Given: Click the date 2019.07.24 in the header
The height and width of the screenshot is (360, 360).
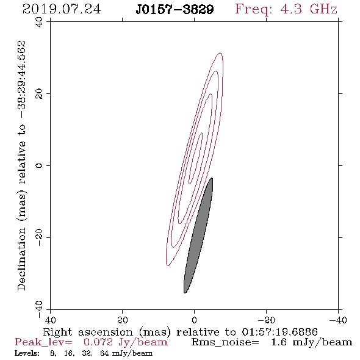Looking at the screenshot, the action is point(62,9).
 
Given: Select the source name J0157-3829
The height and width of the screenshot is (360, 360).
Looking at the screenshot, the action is point(175,10).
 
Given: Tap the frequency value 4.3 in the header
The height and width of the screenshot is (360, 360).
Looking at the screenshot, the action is point(291,9).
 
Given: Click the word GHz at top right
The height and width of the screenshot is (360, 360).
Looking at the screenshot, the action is point(323,9).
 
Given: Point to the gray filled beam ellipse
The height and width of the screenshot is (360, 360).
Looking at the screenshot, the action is point(198,236).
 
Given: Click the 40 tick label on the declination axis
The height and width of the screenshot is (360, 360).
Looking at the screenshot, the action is point(39,22).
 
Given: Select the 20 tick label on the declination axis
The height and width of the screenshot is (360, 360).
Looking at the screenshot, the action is point(39,94).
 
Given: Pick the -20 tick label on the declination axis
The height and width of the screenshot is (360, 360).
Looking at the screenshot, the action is point(39,237).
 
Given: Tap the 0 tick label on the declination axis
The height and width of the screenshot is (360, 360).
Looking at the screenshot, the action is point(39,165).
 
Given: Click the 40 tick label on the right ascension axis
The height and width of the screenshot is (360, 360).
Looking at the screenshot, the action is point(50,320).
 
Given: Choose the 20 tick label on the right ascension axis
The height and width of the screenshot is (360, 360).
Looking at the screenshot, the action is point(122,320).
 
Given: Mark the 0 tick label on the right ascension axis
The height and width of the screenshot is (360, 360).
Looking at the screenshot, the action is point(194,320).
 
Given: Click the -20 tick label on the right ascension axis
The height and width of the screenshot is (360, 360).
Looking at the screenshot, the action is point(266,320).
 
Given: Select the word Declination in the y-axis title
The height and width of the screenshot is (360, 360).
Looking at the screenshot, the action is point(21,259).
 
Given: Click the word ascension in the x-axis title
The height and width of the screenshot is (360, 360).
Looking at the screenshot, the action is point(106,332).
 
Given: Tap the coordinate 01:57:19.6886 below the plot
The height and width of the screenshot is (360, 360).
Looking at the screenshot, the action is point(280,332).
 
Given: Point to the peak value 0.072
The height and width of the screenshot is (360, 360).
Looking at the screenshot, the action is point(98,342).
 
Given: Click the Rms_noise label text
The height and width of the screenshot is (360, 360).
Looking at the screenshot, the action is point(225,342).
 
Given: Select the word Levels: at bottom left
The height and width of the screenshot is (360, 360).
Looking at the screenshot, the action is point(27,353).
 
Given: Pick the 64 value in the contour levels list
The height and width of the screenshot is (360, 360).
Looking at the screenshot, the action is point(104,353).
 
